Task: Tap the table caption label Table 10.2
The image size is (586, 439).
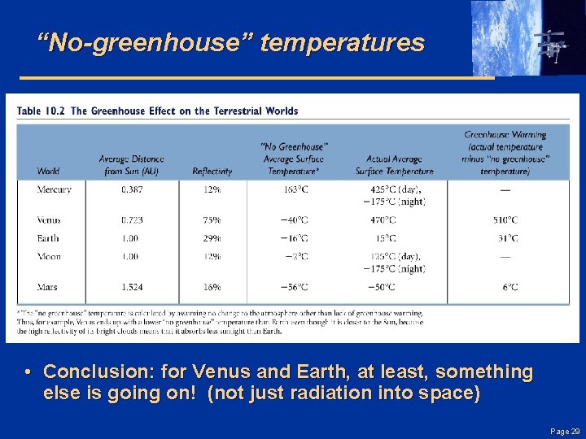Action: coord(40,111)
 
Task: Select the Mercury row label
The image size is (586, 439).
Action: coord(54,189)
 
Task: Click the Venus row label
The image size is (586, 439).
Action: coord(48,219)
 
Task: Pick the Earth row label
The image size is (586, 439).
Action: coord(47,238)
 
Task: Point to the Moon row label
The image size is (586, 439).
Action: coord(48,256)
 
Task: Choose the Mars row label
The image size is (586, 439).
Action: coord(47,286)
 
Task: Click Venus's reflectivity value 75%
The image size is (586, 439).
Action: coord(212,219)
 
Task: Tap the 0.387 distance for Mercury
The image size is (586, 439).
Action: coord(130,189)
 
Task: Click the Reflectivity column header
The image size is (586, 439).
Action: coord(212,172)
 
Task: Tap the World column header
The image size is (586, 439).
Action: coord(48,172)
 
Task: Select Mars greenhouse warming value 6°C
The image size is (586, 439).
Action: coord(510,286)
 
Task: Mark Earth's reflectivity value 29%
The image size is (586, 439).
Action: coord(212,238)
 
